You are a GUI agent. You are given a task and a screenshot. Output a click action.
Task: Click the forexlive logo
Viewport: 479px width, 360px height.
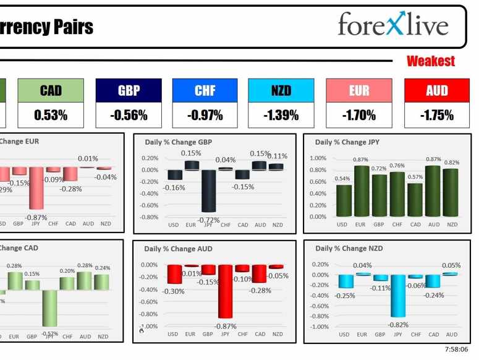click(x=393, y=25)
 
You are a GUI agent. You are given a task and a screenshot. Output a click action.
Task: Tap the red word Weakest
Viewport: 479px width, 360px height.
click(x=431, y=61)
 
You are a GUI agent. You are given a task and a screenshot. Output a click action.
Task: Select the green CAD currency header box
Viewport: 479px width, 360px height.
click(x=51, y=90)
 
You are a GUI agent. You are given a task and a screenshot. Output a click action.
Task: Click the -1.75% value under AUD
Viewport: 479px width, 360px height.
click(x=436, y=115)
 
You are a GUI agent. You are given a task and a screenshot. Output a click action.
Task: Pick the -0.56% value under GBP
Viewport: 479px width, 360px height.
click(x=129, y=115)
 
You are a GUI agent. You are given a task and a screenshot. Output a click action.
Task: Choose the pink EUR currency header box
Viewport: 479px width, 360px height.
click(x=359, y=90)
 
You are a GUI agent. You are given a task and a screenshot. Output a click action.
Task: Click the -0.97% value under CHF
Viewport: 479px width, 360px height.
click(x=205, y=115)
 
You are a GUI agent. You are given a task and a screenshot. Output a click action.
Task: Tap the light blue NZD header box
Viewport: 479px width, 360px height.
click(x=281, y=90)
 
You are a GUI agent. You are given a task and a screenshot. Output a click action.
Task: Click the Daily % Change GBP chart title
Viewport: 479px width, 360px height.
click(x=179, y=142)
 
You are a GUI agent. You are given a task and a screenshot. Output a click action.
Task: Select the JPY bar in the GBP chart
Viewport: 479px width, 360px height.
click(x=208, y=192)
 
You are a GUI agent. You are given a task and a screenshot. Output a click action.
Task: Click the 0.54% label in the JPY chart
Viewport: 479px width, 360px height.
click(x=342, y=179)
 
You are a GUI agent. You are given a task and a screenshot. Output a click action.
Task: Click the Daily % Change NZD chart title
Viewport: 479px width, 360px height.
click(x=349, y=248)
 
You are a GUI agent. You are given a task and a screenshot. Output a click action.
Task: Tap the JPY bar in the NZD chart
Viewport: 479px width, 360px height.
click(x=398, y=296)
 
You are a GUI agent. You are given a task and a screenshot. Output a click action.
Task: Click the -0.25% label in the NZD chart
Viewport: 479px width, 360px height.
click(x=344, y=296)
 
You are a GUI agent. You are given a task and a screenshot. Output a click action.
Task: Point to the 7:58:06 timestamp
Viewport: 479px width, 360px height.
click(x=457, y=350)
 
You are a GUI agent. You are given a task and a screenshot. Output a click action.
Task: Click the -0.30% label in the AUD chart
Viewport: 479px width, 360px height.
click(x=174, y=291)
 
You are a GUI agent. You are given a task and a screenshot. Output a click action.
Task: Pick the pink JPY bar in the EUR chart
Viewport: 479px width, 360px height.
click(x=37, y=188)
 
